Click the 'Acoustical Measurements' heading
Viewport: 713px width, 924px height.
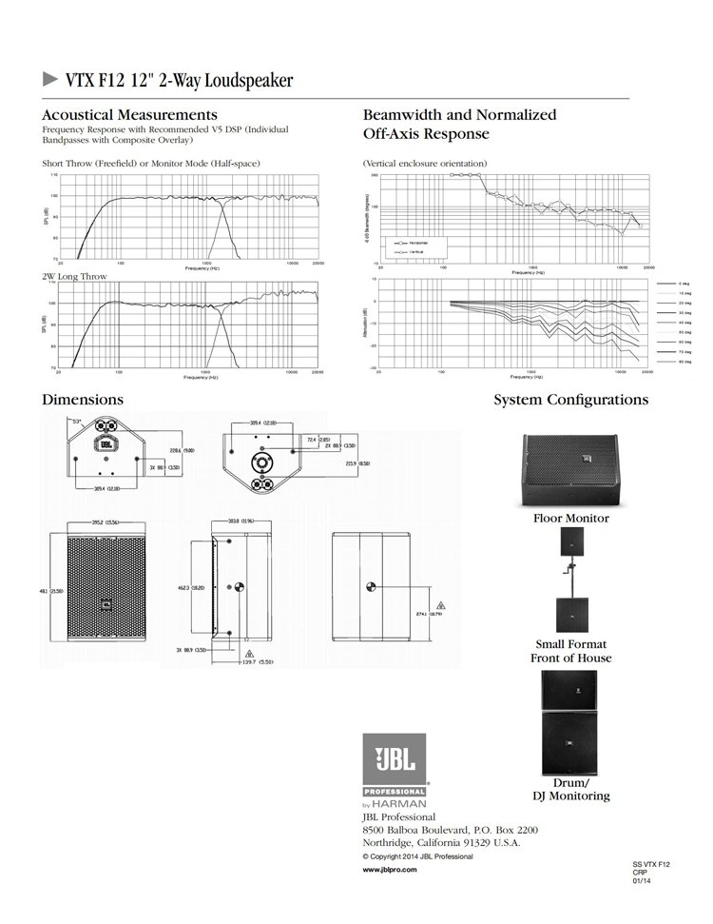[136, 115]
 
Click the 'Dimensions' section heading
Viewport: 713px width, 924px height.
[82, 400]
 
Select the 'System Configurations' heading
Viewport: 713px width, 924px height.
[570, 400]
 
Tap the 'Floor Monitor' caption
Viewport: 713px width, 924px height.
[571, 519]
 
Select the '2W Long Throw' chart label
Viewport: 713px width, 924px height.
[75, 276]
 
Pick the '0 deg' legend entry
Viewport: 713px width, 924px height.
[683, 284]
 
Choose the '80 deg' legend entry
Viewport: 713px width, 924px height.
[683, 362]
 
